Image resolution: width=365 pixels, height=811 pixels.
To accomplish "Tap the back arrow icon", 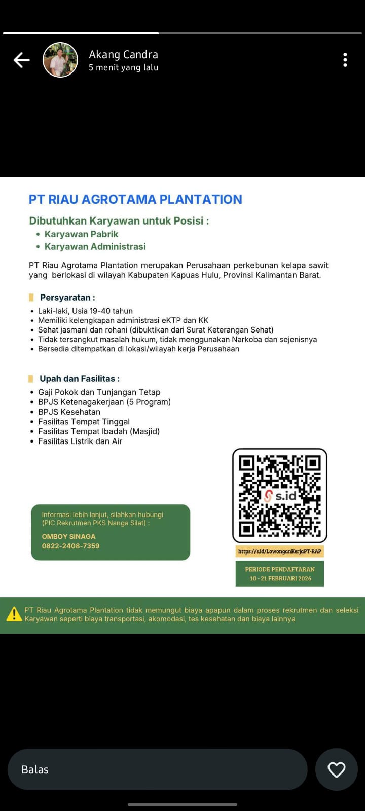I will tap(21, 60).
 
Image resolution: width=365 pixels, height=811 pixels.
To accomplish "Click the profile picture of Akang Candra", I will tap(60, 60).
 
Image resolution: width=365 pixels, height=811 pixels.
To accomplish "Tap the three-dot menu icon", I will tap(345, 60).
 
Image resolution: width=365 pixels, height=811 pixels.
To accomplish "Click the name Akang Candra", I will tap(123, 54).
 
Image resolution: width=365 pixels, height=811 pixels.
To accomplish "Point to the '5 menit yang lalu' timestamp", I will tap(123, 67).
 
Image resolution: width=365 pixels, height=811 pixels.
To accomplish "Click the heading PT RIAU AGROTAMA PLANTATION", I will tap(135, 199).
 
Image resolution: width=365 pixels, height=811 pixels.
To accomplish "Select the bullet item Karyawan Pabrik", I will tap(81, 234).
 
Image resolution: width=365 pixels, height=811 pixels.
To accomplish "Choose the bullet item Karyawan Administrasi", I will tap(95, 247).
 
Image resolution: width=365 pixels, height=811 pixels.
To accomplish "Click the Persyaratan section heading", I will tap(67, 298).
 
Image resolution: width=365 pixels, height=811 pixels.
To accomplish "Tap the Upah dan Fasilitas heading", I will tap(80, 379).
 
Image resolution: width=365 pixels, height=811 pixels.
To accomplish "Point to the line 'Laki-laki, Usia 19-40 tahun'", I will tap(85, 311).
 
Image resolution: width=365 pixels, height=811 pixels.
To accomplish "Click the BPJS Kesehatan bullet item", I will tap(69, 412).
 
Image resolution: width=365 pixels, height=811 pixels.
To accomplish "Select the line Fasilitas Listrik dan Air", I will tap(80, 441).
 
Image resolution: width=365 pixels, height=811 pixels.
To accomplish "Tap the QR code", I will tap(279, 495).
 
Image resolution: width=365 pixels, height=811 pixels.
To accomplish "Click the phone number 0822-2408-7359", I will tap(70, 546).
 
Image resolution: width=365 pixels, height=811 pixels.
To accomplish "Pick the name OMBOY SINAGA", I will tap(68, 536).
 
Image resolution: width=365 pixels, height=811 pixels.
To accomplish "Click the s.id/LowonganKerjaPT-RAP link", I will tap(279, 551).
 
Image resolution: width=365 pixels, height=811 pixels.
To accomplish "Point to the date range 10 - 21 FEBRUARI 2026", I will tap(280, 578).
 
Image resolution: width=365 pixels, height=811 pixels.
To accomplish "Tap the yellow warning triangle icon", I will tap(14, 614).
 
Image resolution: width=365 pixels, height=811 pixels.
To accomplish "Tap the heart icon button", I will tap(337, 769).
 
